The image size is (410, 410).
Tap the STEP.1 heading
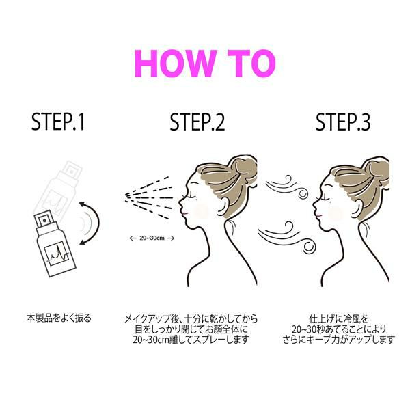[58, 122]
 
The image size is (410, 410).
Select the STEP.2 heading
[197, 122]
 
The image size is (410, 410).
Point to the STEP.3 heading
[343, 122]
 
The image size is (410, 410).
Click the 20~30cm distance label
[152, 238]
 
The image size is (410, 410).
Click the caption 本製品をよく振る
[59, 318]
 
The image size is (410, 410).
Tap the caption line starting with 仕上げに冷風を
[339, 319]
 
